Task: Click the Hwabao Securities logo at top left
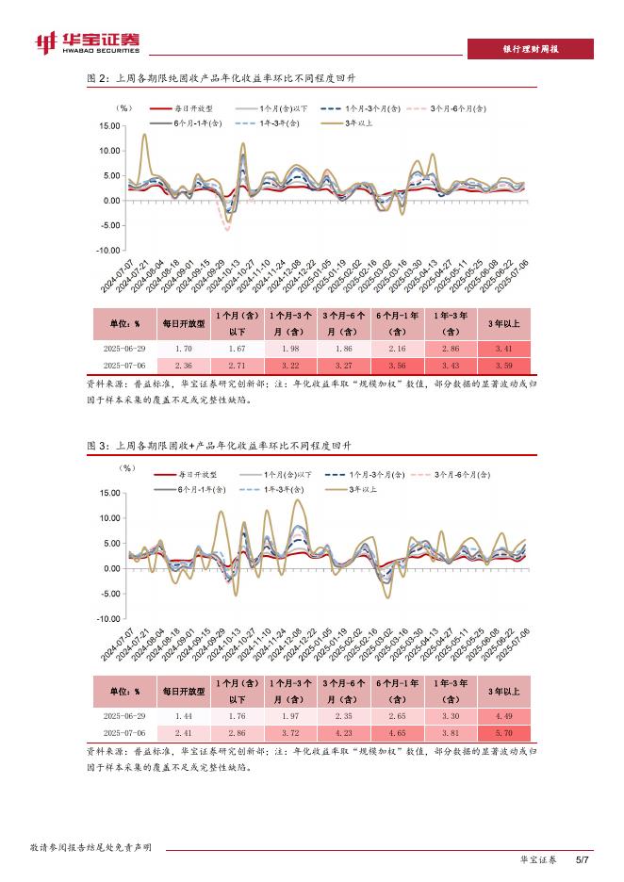pyautogui.click(x=87, y=42)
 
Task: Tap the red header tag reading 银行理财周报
pyautogui.click(x=530, y=49)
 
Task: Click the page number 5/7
pyautogui.click(x=582, y=859)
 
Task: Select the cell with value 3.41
pyautogui.click(x=504, y=349)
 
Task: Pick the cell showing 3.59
pyautogui.click(x=504, y=365)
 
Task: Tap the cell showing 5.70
pyautogui.click(x=504, y=732)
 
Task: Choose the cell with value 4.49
pyautogui.click(x=504, y=716)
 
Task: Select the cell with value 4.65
pyautogui.click(x=396, y=732)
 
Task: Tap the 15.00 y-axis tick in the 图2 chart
pyautogui.click(x=108, y=126)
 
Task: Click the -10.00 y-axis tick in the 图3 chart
pyautogui.click(x=107, y=619)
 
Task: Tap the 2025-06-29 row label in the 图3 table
pyautogui.click(x=123, y=716)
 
